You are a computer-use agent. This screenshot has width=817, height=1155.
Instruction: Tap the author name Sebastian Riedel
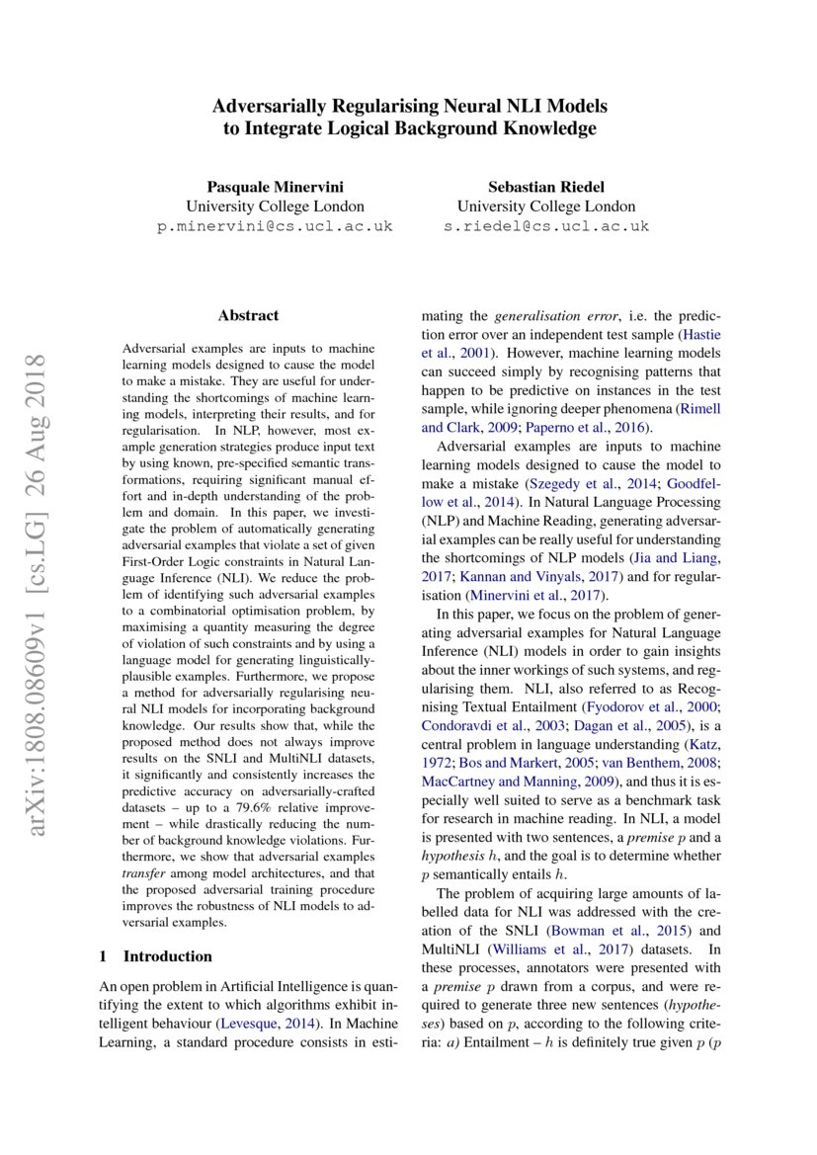pyautogui.click(x=545, y=187)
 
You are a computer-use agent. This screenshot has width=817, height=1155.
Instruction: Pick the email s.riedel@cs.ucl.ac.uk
pyautogui.click(x=545, y=226)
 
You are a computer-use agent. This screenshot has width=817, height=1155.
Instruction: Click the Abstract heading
pyautogui.click(x=248, y=316)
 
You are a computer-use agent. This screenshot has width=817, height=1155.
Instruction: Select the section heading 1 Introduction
pyautogui.click(x=156, y=956)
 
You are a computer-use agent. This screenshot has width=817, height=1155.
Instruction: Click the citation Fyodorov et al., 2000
pyautogui.click(x=646, y=707)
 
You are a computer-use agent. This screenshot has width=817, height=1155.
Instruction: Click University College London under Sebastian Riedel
pyautogui.click(x=545, y=206)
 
